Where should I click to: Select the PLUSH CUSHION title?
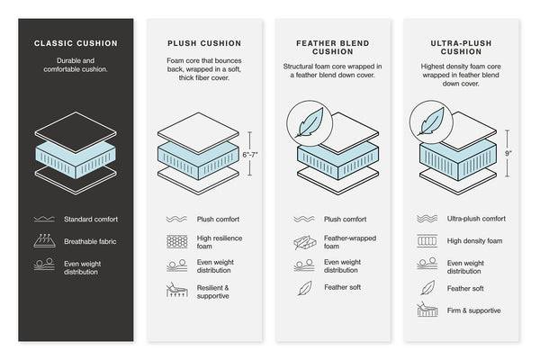click(203, 42)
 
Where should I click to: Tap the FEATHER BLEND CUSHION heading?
click(330, 48)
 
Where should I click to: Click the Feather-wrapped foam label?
click(344, 241)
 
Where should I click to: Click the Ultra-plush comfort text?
click(476, 219)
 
